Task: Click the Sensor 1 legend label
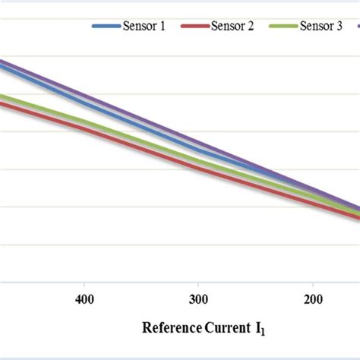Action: coord(147,27)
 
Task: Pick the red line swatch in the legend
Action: coord(195,27)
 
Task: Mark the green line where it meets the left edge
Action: coord(2,96)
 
